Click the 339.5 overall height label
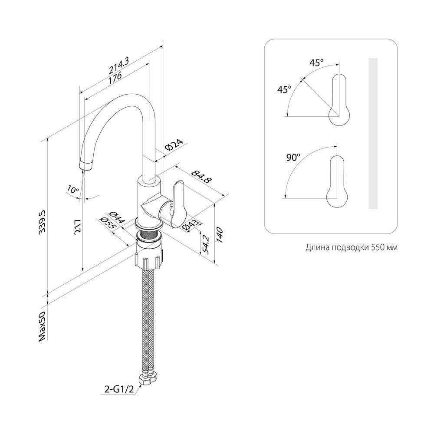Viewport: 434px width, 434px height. (43, 223)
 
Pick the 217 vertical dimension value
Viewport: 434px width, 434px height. (78, 227)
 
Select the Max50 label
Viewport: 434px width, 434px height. (43, 327)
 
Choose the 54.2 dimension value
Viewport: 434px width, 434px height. (205, 245)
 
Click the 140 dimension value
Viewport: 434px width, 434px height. (220, 235)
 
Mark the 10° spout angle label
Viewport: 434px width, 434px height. (73, 189)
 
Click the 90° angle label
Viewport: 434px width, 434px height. (293, 158)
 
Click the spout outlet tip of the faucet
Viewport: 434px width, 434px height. (85, 166)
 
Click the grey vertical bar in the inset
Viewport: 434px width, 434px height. (373, 133)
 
